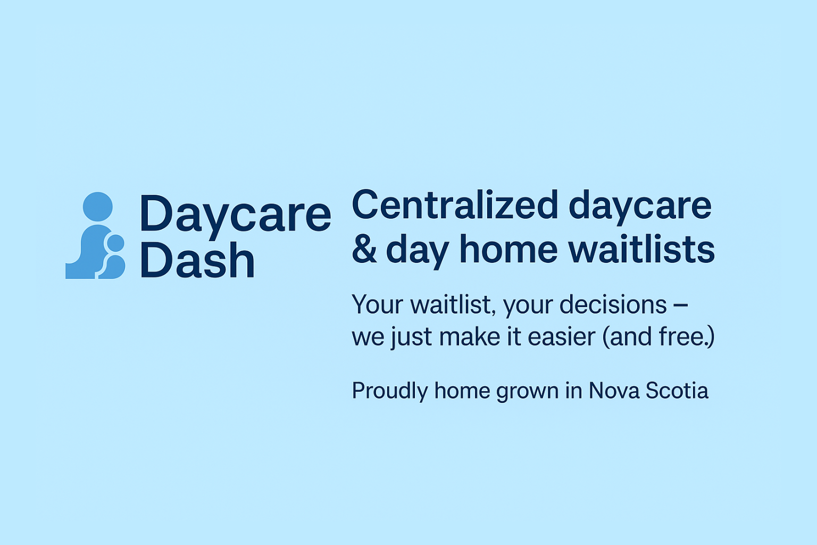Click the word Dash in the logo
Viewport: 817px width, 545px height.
[x=197, y=260]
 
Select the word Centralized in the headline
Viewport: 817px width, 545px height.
[x=455, y=205]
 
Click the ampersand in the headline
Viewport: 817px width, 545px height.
[x=364, y=249]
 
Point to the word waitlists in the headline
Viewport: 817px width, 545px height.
[x=641, y=249]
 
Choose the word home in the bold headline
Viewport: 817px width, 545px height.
[x=508, y=249]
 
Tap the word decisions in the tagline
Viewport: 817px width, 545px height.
[x=613, y=304]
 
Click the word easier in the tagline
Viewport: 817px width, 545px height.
[x=561, y=336]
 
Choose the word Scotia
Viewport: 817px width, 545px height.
[x=677, y=390]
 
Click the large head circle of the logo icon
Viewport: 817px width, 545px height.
[x=98, y=207]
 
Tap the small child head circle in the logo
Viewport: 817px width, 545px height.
[x=115, y=243]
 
